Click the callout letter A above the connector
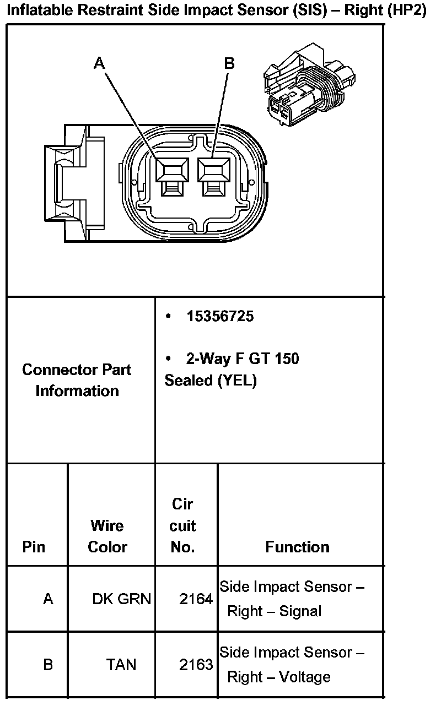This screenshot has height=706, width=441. point(99,63)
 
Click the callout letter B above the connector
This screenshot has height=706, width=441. point(229,63)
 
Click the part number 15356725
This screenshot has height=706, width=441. point(220,316)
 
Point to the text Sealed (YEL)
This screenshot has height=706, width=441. point(211,381)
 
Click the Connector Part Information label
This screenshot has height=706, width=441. point(77,380)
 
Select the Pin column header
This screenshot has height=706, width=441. point(34,547)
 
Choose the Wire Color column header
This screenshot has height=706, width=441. point(107,536)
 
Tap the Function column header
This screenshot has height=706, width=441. point(297,547)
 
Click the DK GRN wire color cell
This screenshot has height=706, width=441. point(121,599)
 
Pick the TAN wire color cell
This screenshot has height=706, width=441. point(121,665)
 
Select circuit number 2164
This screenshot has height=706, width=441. point(196,599)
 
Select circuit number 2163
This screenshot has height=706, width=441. point(196,665)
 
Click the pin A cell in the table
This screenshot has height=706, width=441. point(48,599)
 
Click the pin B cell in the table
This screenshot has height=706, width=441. point(48,665)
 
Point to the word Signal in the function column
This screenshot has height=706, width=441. point(300,611)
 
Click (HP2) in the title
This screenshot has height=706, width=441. point(407,10)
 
